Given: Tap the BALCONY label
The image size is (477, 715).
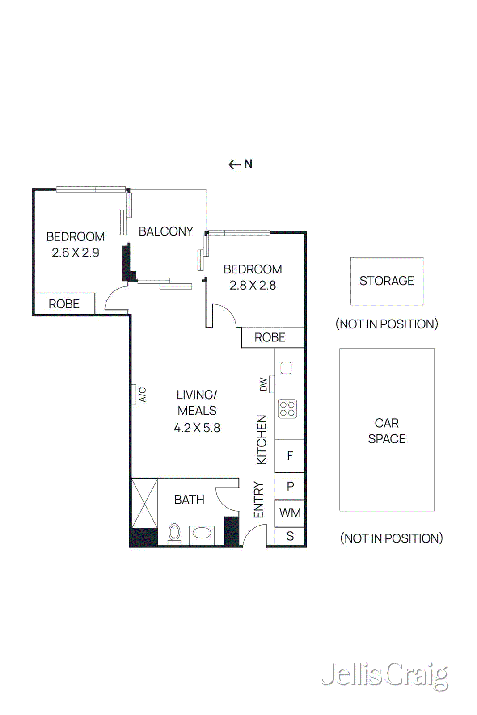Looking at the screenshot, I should tap(166, 231).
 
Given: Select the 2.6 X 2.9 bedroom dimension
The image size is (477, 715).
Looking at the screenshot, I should tap(75, 253).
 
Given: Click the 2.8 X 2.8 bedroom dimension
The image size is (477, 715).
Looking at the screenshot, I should tap(253, 286).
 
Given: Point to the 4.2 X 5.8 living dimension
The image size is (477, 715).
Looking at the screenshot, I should tap(197, 428).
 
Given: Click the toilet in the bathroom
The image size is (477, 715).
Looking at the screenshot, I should tap(174, 533).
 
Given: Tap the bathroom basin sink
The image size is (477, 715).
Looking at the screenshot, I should tap(202, 533).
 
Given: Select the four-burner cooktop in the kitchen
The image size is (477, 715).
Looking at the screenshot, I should tap(287, 408).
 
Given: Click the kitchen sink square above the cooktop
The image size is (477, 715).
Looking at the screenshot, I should tap(286, 368).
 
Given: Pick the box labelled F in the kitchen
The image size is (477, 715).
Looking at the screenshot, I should tap(290, 456).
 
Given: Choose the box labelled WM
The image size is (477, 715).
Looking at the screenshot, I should tap(290, 513).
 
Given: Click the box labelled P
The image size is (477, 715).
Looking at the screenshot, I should tap(290, 486).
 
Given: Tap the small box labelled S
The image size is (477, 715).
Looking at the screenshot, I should tap(290, 536).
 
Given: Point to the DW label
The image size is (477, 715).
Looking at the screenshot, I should tap(263, 384).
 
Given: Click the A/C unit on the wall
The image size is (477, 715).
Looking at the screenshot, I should tap(134, 395).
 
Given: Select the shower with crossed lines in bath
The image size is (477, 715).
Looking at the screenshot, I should tap(144, 503).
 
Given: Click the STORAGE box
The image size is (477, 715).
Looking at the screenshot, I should tap(387, 281).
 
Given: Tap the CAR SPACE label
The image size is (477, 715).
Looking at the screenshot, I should tap(387, 431).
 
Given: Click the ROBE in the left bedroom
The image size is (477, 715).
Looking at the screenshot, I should tap(64, 304).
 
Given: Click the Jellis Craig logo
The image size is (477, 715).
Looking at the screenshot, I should tap(384, 675).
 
